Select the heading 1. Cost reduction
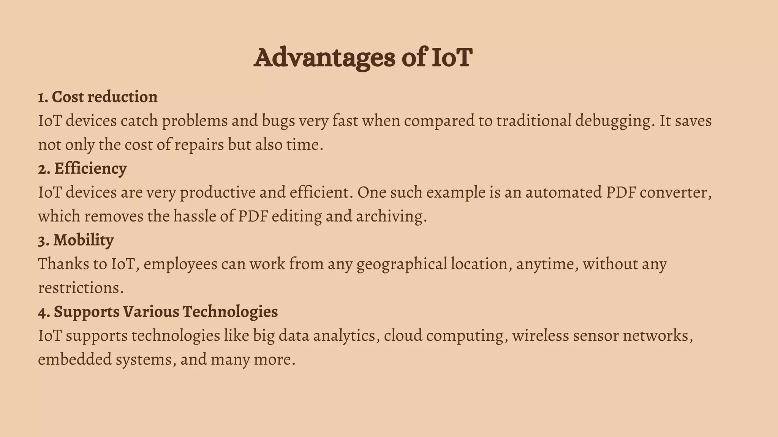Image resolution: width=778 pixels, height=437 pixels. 98,97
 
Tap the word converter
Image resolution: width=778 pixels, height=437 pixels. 675,193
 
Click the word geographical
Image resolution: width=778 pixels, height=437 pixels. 402,264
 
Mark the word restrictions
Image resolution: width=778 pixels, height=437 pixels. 81,288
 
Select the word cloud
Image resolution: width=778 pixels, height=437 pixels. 405,336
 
